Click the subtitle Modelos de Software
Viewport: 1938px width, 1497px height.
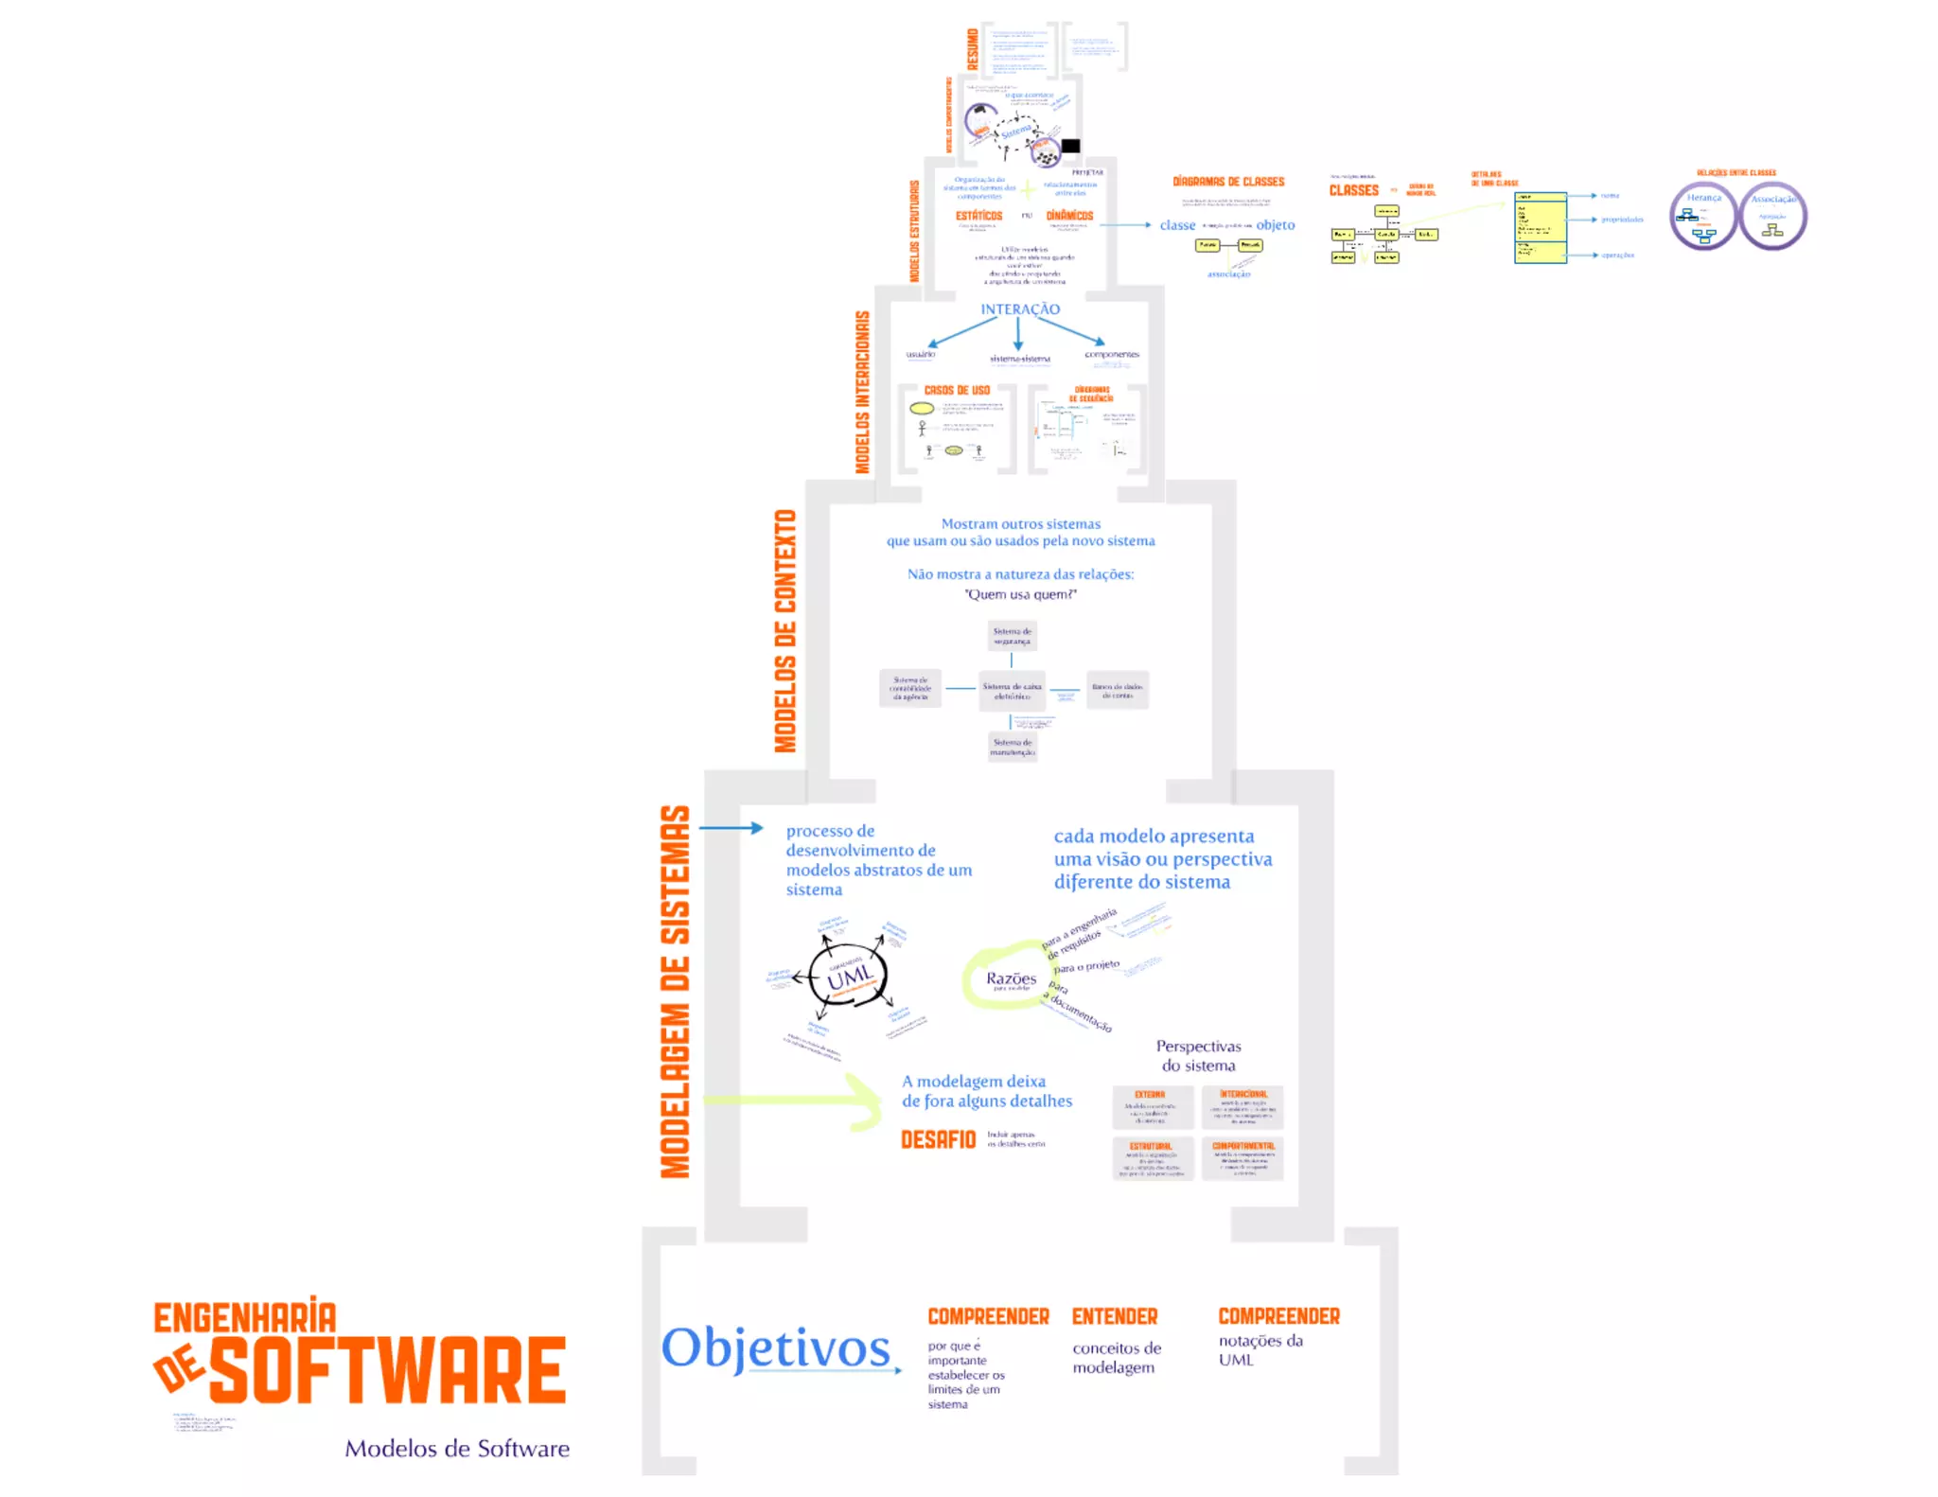point(457,1448)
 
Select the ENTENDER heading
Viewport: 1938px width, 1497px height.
point(1114,1316)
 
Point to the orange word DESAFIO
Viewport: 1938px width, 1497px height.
point(937,1139)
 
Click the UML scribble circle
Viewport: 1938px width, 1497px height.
point(849,976)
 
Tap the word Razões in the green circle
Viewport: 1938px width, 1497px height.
point(1011,977)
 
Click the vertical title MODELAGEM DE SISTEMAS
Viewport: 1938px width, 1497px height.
point(675,992)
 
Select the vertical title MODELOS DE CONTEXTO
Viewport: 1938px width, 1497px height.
point(785,631)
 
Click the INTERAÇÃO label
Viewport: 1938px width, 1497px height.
point(1020,309)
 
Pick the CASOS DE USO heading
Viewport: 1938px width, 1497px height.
point(957,390)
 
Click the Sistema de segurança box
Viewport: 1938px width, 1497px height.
point(1012,636)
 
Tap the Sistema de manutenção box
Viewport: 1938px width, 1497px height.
point(1012,747)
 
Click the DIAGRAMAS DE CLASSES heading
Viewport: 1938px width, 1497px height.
point(1228,182)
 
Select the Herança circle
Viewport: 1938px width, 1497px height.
point(1703,217)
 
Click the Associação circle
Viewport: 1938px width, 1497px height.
point(1772,217)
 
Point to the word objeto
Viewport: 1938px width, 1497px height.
point(1275,225)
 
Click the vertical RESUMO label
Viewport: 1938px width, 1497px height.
point(973,49)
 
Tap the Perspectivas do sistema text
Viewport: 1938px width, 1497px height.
point(1198,1055)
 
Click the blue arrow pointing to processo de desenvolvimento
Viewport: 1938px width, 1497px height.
point(731,828)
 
